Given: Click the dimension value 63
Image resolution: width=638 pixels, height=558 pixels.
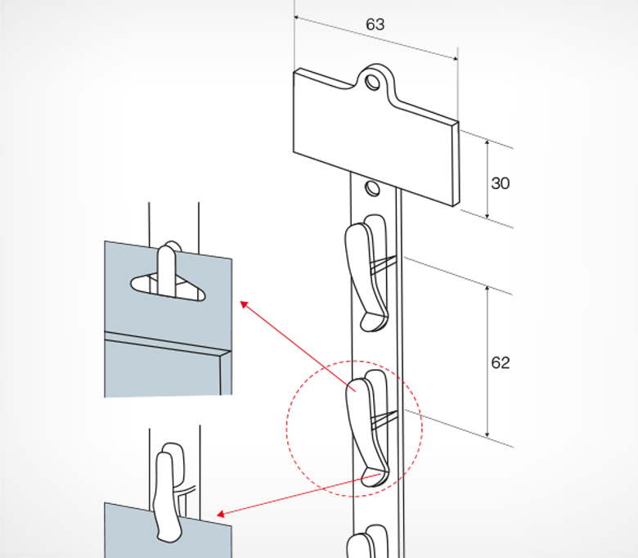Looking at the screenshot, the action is [375, 25].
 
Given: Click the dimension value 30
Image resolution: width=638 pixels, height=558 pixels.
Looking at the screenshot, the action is [500, 183].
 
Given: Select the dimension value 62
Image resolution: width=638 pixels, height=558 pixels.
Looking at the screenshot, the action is [500, 362].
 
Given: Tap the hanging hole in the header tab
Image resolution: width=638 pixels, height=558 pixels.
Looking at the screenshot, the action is [372, 82].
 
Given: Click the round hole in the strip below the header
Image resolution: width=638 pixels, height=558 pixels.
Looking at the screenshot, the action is [372, 188].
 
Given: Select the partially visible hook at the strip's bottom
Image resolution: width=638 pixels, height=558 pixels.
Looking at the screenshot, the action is [367, 542].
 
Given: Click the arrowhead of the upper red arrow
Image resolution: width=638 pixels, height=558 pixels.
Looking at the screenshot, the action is [244, 304].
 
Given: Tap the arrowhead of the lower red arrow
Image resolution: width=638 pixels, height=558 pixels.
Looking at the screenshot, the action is [221, 515].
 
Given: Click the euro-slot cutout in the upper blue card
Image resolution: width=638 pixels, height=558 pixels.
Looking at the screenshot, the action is [168, 286].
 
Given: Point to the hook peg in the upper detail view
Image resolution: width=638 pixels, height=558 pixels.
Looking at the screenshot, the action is [167, 268].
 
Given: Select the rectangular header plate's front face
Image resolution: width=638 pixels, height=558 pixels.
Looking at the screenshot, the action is [372, 138].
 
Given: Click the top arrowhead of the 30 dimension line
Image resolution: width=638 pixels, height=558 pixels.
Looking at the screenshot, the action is [487, 143].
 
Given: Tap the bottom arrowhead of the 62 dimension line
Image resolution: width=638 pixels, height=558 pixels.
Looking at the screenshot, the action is [487, 434].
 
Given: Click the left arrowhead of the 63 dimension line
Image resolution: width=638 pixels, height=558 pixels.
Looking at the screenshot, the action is [297, 17].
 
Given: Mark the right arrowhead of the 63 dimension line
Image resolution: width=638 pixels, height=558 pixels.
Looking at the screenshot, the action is [455, 59].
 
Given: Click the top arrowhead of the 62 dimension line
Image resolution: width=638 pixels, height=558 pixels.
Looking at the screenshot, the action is [487, 290].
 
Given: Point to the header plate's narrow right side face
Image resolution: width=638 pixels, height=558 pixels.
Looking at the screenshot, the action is [456, 164].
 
